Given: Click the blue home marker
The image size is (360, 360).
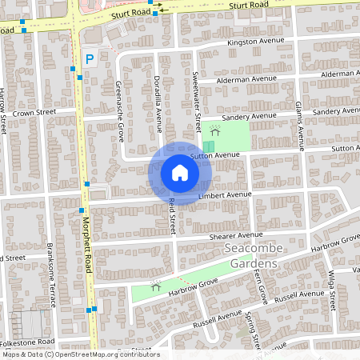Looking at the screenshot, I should point(180,173).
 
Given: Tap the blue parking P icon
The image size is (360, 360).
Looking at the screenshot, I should point(90,58).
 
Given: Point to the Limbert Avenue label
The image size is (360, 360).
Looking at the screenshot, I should point(225,194).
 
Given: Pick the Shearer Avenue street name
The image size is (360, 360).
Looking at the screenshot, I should point(235,235).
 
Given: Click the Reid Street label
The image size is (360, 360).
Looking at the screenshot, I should point(171,217).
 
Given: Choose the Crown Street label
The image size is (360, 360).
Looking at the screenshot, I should point(33,113).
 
